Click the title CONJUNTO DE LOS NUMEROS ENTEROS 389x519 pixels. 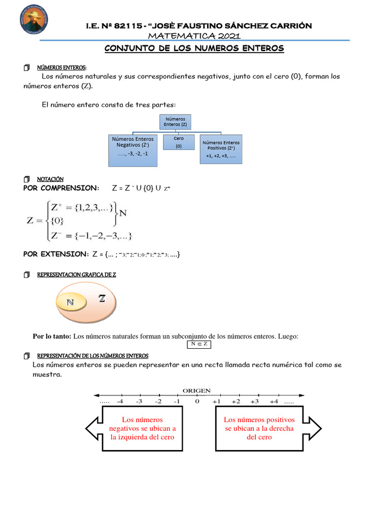[x=194, y=49]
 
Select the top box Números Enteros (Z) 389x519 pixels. [x=175, y=122]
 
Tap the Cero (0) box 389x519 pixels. [x=178, y=142]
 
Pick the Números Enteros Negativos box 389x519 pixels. [x=133, y=150]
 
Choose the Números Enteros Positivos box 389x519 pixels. [x=221, y=149]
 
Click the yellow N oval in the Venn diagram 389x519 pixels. [x=70, y=303]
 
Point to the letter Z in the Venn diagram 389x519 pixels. [x=102, y=299]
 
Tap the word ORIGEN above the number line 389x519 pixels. [x=197, y=390]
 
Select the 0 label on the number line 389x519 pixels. [x=197, y=401]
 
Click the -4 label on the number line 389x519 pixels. [x=120, y=401]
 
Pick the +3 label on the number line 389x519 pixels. [x=254, y=401]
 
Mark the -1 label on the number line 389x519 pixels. [x=177, y=401]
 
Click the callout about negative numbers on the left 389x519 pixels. [x=142, y=428]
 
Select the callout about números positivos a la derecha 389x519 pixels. [x=259, y=428]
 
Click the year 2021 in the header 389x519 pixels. [x=226, y=35]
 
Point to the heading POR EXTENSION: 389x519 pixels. [x=56, y=254]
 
